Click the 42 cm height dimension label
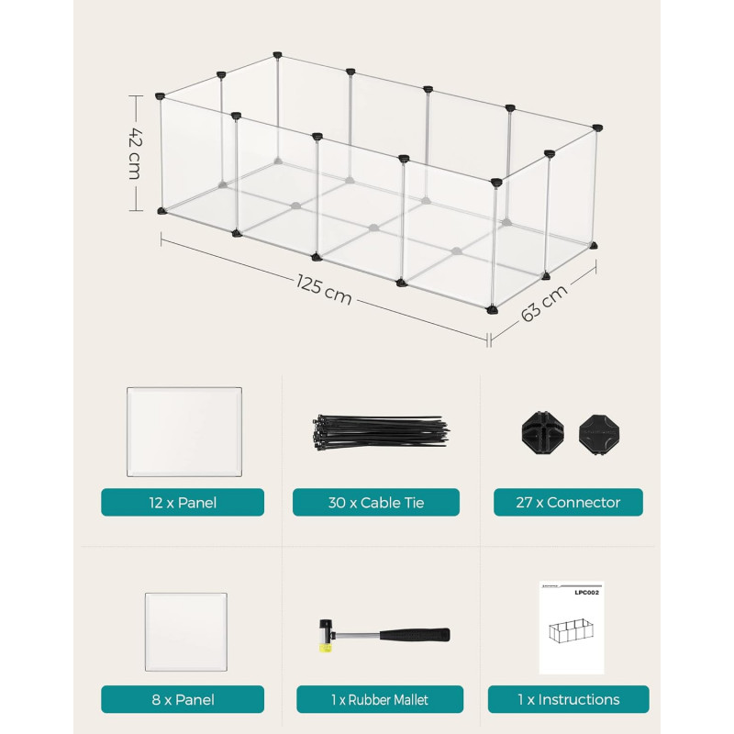coord(134,153)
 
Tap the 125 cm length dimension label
coord(324,289)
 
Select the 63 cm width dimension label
coord(544,303)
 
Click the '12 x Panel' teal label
coord(183,502)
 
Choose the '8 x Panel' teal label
coord(183,699)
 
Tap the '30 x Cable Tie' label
coord(376,502)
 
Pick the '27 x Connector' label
coord(568,502)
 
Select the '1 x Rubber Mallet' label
coord(380,699)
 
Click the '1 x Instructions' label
coord(568,699)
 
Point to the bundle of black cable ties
coord(379,432)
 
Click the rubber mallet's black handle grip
coord(415,635)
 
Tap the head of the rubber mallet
coord(326,636)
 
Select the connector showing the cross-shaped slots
coord(542,432)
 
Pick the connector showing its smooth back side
coord(600,434)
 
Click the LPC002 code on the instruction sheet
coord(586,593)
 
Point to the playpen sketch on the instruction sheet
coord(571,630)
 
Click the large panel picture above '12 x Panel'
coord(184,431)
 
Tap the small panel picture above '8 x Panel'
coord(186,632)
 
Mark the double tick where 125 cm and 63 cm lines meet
coord(489,339)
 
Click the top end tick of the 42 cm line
coord(136,95)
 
